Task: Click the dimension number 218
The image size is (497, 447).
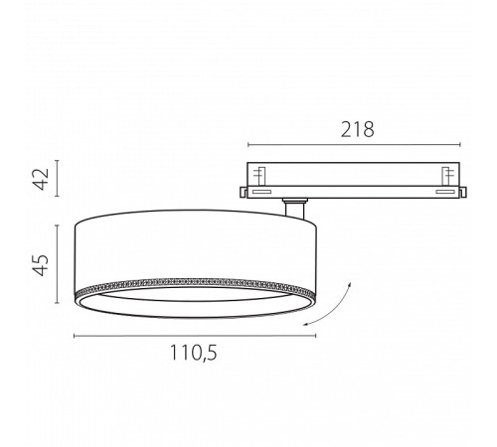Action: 358,129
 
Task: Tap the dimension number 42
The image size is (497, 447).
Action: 42,179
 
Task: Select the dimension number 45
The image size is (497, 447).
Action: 42,265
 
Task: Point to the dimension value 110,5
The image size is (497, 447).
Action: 194,353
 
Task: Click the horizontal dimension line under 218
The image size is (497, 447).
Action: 354,144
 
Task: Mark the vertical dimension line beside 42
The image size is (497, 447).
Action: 58,178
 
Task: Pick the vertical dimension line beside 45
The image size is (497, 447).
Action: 58,264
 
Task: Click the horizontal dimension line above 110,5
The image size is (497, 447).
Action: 195,336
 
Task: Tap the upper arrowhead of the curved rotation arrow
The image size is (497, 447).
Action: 350,284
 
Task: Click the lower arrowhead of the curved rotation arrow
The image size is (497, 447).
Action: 307,325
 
